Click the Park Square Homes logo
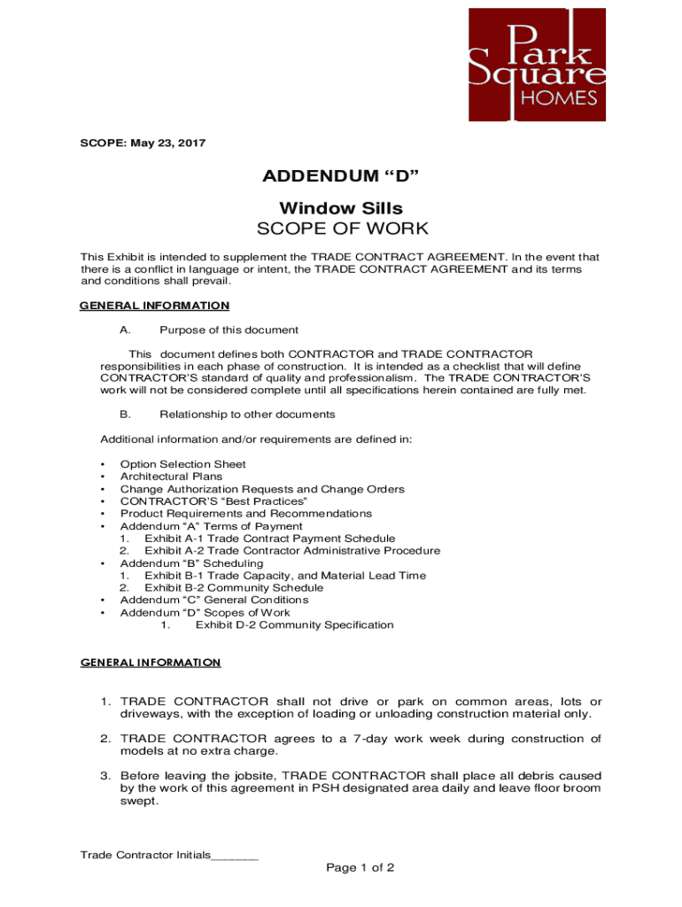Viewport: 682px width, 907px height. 537,64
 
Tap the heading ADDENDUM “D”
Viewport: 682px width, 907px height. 340,177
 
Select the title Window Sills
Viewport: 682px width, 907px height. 341,208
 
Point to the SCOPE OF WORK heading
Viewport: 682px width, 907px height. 341,229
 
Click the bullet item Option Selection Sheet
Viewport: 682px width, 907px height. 182,464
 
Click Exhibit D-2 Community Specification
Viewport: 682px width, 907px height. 294,625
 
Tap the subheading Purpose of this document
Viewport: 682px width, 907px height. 229,330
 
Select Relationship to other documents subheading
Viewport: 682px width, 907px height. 247,414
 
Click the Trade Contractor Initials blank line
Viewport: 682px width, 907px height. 235,856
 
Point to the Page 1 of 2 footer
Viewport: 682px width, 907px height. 360,868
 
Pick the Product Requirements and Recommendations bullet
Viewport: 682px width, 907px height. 245,514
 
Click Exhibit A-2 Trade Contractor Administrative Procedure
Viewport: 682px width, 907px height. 292,551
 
